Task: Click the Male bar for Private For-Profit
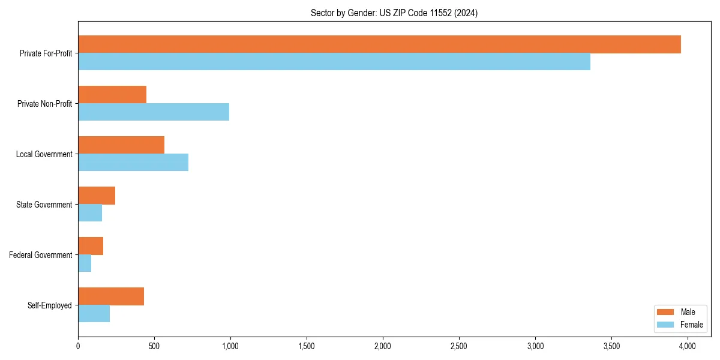[379, 44]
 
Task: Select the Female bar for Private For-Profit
[334, 62]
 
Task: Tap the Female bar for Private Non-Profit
[154, 112]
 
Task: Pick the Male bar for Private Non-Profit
[112, 95]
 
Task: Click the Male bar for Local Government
[121, 145]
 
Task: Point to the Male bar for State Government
[97, 196]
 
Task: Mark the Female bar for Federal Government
[85, 263]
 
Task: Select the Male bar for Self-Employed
[111, 296]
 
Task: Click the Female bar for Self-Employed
[94, 314]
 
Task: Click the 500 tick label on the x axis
[154, 346]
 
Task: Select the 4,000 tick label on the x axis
[687, 346]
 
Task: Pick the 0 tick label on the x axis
[78, 346]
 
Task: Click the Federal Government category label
[41, 255]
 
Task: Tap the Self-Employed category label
[50, 305]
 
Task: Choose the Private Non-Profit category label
[44, 104]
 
